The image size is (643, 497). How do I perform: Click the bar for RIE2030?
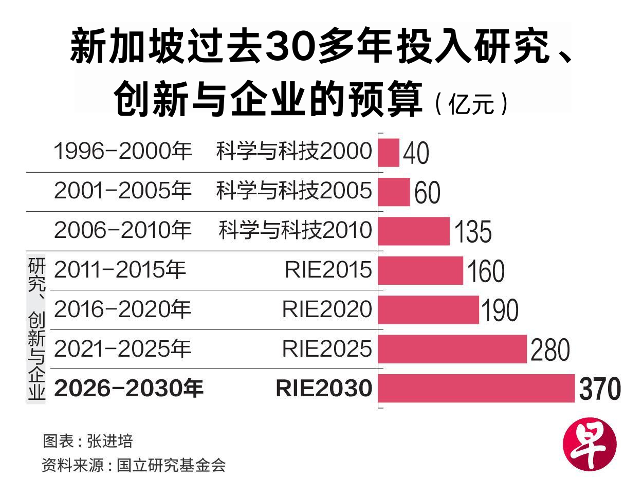tap(476, 388)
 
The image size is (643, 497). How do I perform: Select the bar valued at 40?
tap(389, 153)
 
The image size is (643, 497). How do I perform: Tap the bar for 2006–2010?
tap(414, 231)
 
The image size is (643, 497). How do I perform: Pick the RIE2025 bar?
tap(452, 349)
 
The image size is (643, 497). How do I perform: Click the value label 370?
tap(600, 389)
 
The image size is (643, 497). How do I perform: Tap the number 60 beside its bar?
tap(427, 193)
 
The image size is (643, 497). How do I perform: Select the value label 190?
tap(499, 310)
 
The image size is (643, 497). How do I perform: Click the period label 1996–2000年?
tap(123, 151)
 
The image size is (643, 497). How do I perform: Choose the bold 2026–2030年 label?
tap(128, 389)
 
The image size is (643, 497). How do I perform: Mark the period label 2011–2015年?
tap(120, 270)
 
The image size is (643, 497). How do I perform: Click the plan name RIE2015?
tap(328, 270)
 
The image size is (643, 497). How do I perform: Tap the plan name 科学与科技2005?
tap(293, 191)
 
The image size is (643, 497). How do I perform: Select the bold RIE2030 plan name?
tap(324, 389)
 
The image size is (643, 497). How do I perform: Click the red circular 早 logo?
tap(589, 445)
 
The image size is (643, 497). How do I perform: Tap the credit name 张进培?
tap(110, 441)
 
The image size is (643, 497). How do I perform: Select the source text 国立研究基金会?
tap(171, 465)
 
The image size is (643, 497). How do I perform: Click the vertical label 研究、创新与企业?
tap(36, 329)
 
